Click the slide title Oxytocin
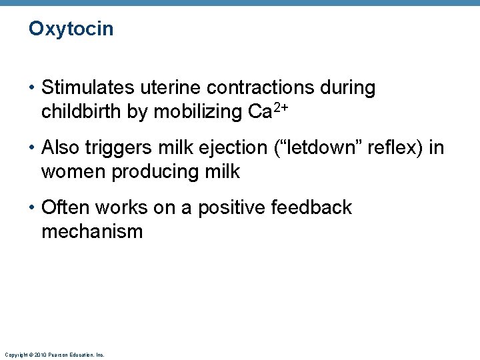pos(71,29)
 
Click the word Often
pos(65,208)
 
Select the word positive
pos(227,208)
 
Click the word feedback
pos(311,208)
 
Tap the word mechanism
pos(92,232)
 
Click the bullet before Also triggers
pos(32,148)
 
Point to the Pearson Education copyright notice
pos(54,355)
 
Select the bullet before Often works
pos(32,208)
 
